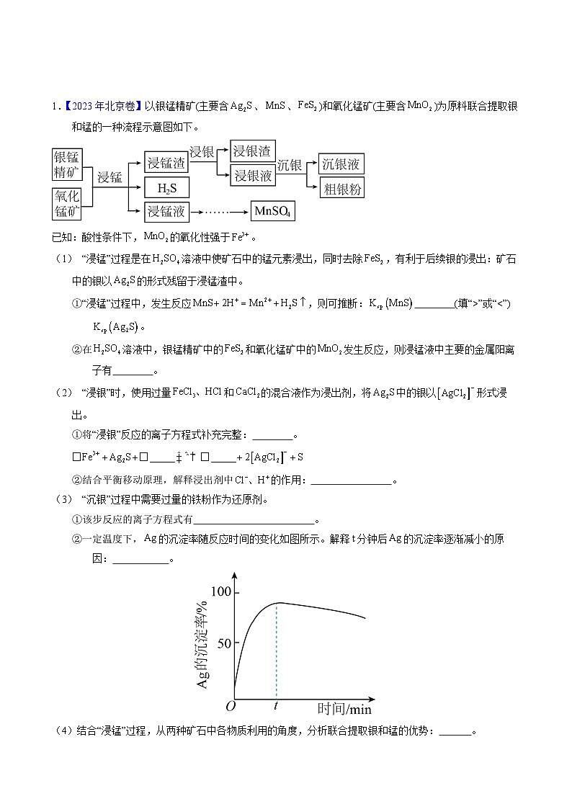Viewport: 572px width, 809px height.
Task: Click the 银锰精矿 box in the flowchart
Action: [x=68, y=163]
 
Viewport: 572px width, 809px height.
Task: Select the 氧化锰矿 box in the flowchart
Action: [x=68, y=204]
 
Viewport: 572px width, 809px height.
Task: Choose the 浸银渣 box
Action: [x=252, y=151]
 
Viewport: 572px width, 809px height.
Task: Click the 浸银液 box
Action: [x=252, y=175]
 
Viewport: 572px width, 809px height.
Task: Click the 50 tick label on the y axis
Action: [x=224, y=642]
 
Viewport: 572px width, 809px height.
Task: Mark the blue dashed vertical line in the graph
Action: [x=277, y=648]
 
